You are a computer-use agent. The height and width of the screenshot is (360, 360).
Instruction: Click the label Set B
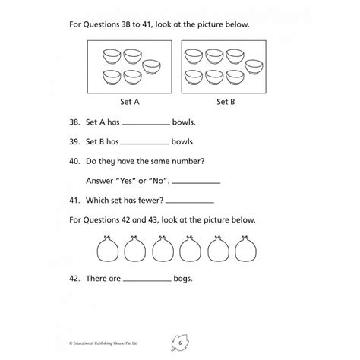[x=223, y=102]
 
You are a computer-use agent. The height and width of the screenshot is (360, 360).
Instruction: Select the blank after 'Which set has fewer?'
[x=190, y=203]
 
